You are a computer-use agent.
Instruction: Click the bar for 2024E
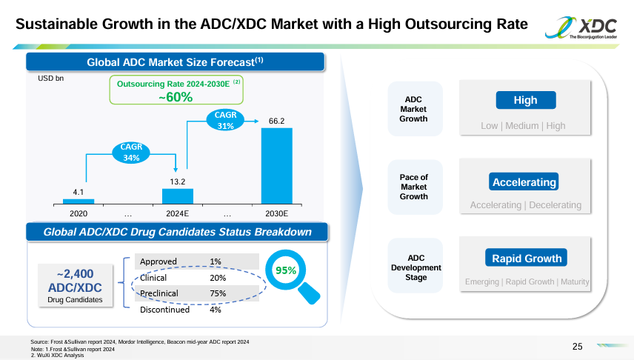[x=178, y=196]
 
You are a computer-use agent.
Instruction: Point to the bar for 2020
[x=79, y=201]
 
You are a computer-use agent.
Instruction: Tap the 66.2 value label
[x=276, y=120]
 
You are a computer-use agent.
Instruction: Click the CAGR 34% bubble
[x=131, y=152]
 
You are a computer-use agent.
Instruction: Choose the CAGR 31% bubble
[x=225, y=120]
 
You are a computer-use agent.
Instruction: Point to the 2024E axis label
[x=178, y=213]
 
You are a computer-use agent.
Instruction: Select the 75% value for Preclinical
[x=218, y=293]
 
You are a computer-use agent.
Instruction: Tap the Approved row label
[x=158, y=261]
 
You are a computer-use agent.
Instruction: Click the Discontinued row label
[x=164, y=310]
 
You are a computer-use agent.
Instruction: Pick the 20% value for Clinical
[x=218, y=278]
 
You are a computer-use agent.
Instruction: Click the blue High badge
[x=525, y=101]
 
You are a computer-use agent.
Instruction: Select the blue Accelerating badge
[x=524, y=182]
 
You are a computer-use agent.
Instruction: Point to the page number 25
[x=578, y=346]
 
